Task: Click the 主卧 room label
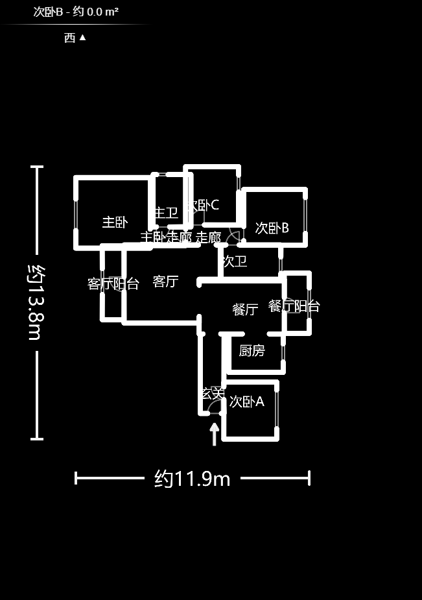[115, 222]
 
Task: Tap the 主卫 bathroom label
[166, 213]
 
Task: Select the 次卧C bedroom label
[204, 205]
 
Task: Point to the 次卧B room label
[272, 228]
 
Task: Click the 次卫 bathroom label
[235, 262]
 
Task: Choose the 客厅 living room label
[165, 282]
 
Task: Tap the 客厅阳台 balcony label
[113, 283]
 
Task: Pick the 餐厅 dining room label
[245, 309]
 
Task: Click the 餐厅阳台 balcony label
[294, 306]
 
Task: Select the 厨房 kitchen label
[252, 351]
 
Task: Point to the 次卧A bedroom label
[246, 402]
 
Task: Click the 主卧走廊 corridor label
[166, 237]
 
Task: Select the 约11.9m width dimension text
[193, 479]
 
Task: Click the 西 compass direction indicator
[75, 38]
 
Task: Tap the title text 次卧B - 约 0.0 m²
[76, 12]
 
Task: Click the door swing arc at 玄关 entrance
[214, 407]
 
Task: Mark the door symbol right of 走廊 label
[234, 237]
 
